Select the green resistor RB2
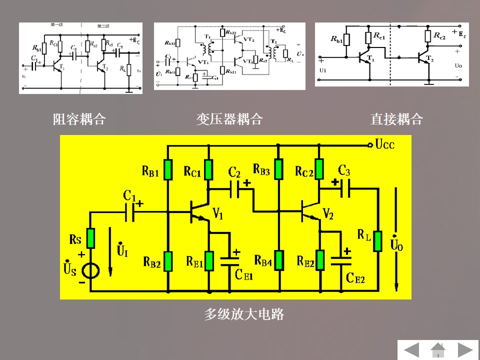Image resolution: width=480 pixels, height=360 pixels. pyautogui.click(x=168, y=260)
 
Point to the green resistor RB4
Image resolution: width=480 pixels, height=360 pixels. pyautogui.click(x=278, y=260)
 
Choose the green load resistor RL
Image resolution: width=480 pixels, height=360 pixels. pyautogui.click(x=377, y=240)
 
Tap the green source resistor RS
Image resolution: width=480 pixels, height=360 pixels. pyautogui.click(x=90, y=238)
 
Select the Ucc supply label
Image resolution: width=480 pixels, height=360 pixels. pyautogui.click(x=385, y=145)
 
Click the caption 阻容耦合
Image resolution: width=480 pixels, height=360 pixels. pyautogui.click(x=79, y=119)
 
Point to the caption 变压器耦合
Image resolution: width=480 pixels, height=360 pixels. pyautogui.click(x=229, y=119)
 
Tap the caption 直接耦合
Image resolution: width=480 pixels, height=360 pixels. pyautogui.click(x=396, y=119)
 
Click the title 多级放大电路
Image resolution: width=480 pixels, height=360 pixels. pyautogui.click(x=244, y=314)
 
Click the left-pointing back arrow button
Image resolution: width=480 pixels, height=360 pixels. pyautogui.click(x=411, y=349)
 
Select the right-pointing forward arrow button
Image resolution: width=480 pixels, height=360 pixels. pyautogui.click(x=465, y=349)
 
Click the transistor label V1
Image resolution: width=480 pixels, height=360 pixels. pyautogui.click(x=218, y=214)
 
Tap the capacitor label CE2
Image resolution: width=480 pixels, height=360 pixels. pyautogui.click(x=355, y=278)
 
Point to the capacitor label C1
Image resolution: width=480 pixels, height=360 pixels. pyautogui.click(x=129, y=195)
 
